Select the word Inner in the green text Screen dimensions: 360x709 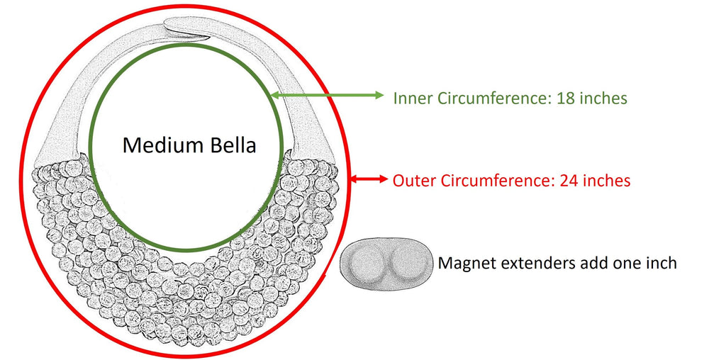point(411,98)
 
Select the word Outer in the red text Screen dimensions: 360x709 point(414,181)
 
